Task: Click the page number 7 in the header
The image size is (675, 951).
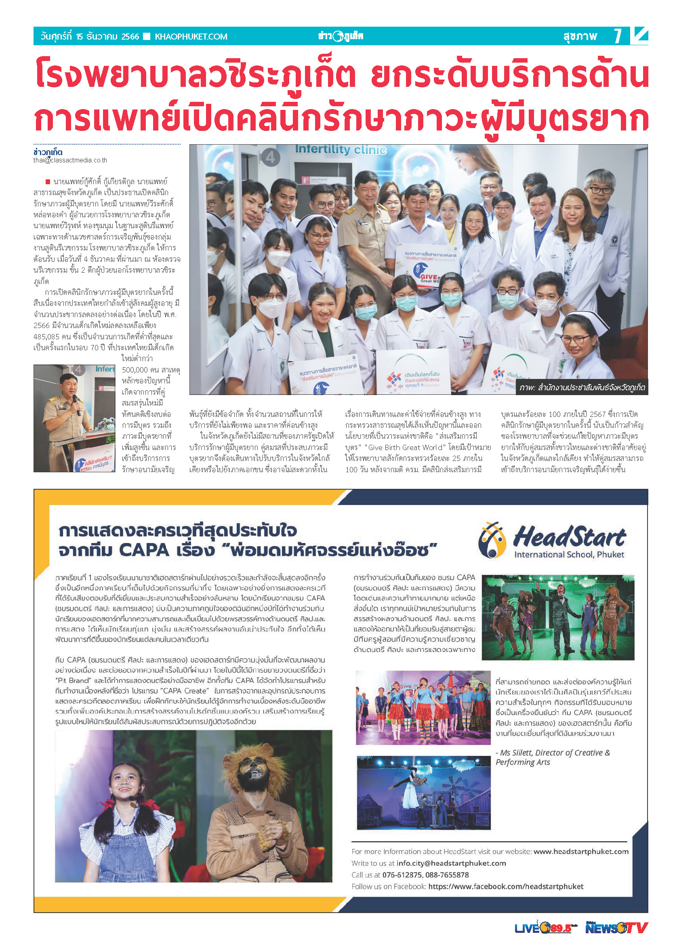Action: [x=618, y=36]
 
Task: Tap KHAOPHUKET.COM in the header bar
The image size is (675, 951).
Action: [x=191, y=37]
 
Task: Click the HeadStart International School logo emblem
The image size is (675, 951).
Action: [x=492, y=540]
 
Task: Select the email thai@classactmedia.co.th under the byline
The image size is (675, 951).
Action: [x=70, y=160]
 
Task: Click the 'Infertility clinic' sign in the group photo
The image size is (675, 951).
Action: [x=341, y=149]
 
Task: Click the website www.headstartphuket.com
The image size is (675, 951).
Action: [x=580, y=851]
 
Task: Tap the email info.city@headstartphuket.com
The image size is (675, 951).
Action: [x=451, y=863]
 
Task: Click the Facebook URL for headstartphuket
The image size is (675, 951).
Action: [x=505, y=886]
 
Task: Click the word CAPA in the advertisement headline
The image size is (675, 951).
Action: [x=144, y=550]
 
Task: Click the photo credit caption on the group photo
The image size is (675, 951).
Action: [x=582, y=388]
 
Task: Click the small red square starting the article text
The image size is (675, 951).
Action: [x=48, y=182]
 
